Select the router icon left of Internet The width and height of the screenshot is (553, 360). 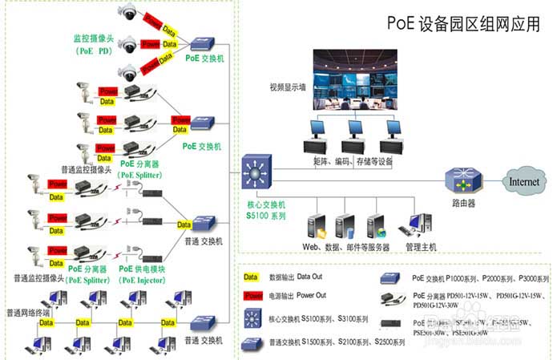[x=463, y=179]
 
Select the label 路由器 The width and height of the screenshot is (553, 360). [x=463, y=204]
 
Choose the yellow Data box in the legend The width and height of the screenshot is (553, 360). [x=251, y=277]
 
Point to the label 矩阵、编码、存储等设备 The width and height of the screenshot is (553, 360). [x=353, y=160]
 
